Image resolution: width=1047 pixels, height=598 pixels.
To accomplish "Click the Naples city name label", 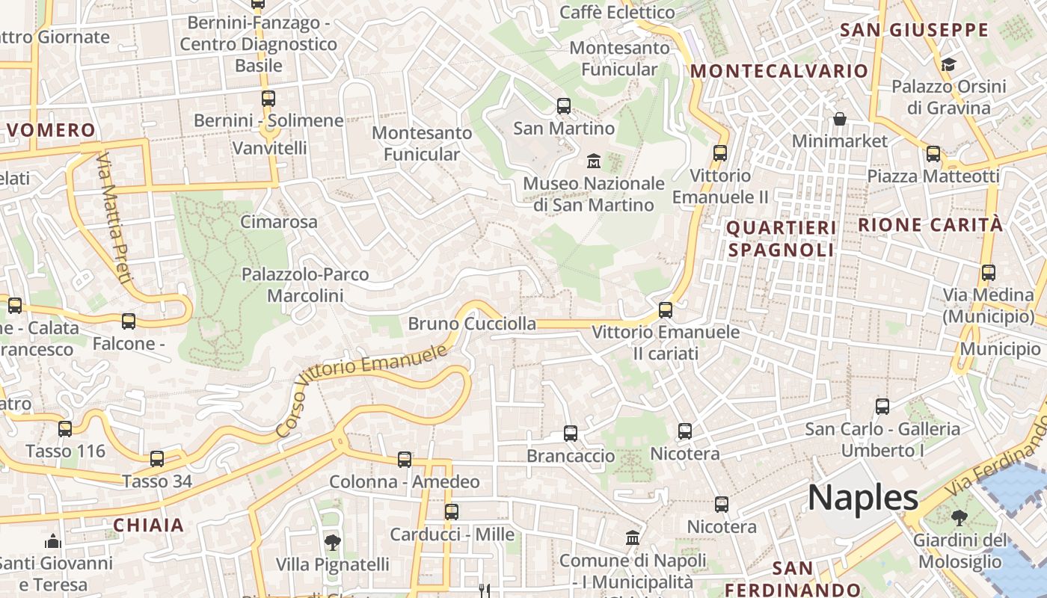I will [x=862, y=498].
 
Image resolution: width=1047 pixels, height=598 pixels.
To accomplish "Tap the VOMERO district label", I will [x=52, y=130].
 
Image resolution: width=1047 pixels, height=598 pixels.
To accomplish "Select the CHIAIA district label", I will [x=148, y=525].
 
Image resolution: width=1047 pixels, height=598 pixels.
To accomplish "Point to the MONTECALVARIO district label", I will [x=779, y=71].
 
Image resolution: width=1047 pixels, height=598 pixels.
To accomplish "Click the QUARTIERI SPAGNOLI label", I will [x=781, y=238].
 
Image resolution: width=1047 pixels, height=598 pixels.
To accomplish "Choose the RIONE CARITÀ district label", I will [x=930, y=224].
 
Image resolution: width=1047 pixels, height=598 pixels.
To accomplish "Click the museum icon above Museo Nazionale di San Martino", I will [x=594, y=161].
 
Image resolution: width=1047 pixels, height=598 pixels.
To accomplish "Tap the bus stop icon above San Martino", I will [x=564, y=106].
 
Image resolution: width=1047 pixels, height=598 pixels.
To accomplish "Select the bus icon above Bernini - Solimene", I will [x=268, y=98].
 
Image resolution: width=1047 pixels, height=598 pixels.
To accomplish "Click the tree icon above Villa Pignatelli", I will [x=333, y=542].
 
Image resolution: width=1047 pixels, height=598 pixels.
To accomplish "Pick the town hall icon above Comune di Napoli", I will [x=633, y=538].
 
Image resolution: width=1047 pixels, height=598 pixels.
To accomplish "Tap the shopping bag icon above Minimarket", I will [x=840, y=119].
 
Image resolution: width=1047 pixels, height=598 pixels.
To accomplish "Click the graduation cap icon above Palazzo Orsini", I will [x=948, y=65].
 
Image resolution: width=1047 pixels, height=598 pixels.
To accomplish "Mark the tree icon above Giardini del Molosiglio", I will [x=959, y=517].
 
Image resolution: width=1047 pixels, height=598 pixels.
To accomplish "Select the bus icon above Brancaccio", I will [x=571, y=434].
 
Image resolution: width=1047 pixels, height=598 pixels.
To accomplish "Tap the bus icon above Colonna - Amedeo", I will [x=405, y=460].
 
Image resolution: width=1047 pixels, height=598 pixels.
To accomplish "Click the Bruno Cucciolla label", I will [x=471, y=324].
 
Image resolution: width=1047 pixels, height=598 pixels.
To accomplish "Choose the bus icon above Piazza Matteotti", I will [x=933, y=154].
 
